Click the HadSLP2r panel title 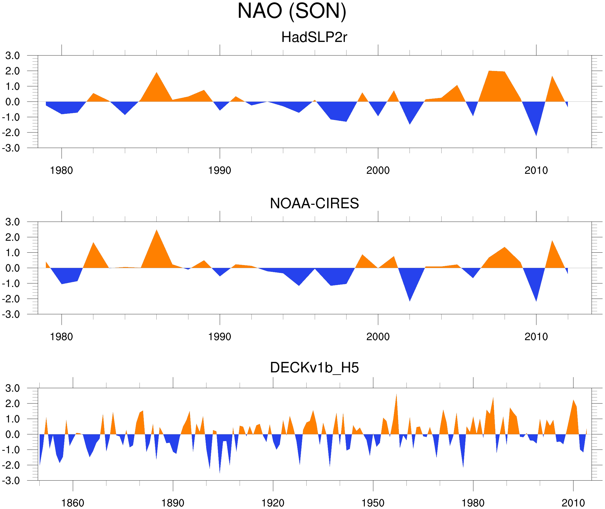(314, 37)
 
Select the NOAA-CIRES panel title (314, 203)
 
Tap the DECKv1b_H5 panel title (314, 368)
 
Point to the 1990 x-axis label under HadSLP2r (220, 170)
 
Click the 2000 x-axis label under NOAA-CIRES (378, 337)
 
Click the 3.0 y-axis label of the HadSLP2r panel (12, 56)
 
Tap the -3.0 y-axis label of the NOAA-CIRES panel (11, 315)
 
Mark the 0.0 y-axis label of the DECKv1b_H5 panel (12, 435)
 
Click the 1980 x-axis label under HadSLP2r (61, 170)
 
